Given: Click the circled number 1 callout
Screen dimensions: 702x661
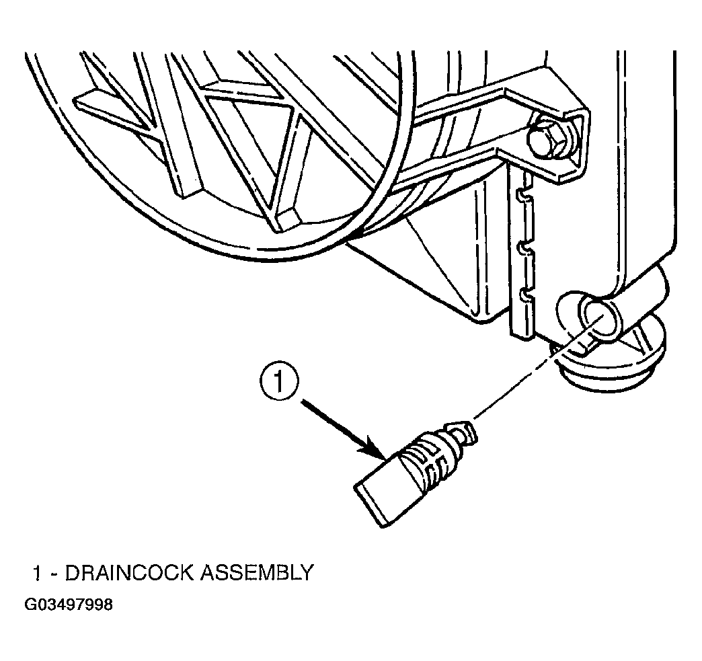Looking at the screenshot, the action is [278, 383].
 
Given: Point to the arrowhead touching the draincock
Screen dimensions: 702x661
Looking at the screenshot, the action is [375, 449].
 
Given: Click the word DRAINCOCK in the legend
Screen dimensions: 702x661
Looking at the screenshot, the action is [130, 573].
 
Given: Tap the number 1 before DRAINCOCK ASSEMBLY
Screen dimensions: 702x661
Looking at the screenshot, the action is [38, 573].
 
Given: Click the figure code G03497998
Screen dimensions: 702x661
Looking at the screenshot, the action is [69, 605].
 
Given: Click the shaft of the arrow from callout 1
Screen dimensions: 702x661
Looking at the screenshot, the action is [334, 422].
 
